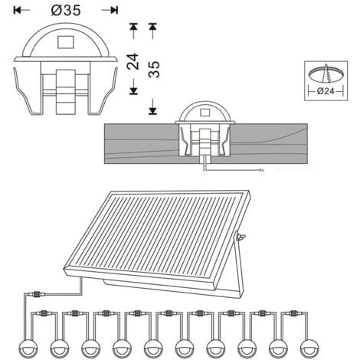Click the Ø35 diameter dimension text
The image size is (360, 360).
coord(66,11)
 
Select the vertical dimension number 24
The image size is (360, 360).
coord(133,61)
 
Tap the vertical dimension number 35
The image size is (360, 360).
coord(154,70)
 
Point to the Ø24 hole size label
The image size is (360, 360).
coord(326,91)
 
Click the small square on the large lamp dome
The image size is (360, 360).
coord(66,42)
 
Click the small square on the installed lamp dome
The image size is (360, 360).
coord(205,113)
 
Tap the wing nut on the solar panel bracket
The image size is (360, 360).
coord(241,237)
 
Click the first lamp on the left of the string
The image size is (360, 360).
coord(28,349)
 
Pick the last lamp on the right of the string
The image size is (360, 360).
coord(310,349)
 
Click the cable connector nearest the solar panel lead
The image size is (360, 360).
coord(38,294)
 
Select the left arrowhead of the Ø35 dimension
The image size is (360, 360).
coord(18,10)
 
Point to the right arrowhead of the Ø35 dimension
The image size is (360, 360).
coord(114,10)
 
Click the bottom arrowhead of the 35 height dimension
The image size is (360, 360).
coord(152,111)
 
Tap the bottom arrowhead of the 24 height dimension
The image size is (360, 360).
coord(133,91)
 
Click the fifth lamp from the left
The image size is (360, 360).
coord(153,349)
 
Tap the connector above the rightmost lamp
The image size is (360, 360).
coord(293,313)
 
